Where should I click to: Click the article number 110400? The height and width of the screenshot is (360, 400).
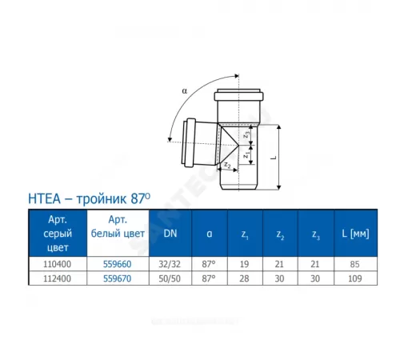(56, 264)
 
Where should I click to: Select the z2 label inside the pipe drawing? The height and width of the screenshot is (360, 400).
(227, 165)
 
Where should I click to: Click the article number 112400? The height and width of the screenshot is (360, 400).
(56, 278)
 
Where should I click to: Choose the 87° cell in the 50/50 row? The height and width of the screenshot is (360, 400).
(207, 278)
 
